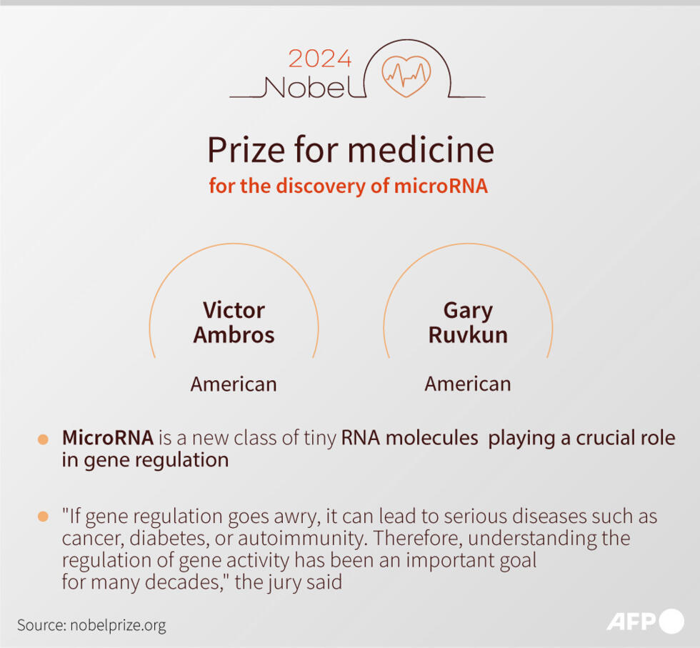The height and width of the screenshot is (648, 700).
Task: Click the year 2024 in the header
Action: pos(320,59)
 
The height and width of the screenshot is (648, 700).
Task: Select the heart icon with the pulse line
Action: pos(407,74)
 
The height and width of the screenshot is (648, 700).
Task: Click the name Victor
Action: pos(234,310)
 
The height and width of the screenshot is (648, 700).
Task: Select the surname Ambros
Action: pos(234,335)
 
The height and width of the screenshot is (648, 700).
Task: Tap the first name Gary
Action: pos(468,310)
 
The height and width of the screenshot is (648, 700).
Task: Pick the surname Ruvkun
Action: pos(468,335)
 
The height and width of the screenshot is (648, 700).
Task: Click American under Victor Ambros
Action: pos(234,384)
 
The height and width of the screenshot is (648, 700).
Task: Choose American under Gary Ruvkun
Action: pos(468,384)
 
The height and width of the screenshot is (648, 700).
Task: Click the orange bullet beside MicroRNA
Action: pos(44,439)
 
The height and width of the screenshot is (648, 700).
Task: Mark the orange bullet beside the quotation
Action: pos(44,517)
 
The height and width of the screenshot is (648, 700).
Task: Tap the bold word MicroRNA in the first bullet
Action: pos(107,438)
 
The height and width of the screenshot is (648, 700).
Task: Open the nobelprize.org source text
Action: pos(117,625)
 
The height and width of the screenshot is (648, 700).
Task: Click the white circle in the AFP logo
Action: pos(671,622)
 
